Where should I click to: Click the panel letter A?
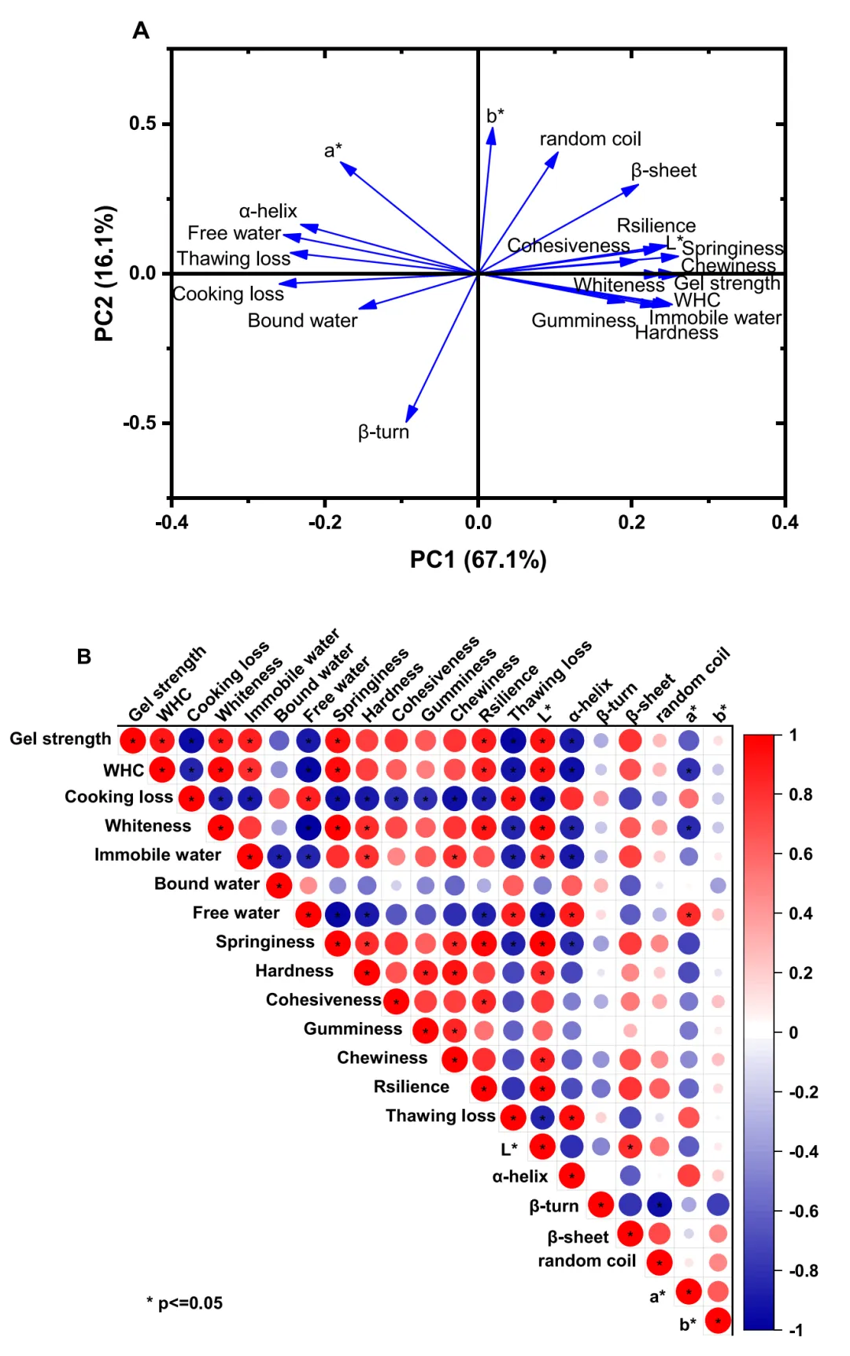[141, 31]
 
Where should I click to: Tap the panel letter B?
[84, 656]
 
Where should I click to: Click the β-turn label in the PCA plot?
[383, 432]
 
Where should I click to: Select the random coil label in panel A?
[590, 139]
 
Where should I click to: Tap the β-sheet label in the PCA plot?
[663, 171]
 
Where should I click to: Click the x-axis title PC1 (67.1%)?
[478, 560]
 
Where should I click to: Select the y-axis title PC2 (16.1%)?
[105, 273]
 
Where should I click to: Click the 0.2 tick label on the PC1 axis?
[631, 522]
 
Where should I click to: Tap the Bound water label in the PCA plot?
[302, 320]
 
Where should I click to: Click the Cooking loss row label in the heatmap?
[119, 797]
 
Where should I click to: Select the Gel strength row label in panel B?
[61, 739]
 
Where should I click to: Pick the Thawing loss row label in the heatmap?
[440, 1116]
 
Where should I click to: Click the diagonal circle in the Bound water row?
[279, 885]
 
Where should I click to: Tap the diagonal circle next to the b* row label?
[718, 1321]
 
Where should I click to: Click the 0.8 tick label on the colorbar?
[800, 795]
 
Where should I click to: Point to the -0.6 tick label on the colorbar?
[804, 1211]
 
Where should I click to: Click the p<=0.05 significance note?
[185, 1303]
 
